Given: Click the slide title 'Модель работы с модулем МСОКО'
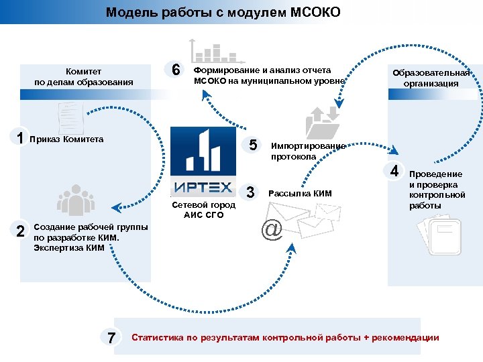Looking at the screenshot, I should coord(223,13).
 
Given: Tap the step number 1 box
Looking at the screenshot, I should coord(21,138).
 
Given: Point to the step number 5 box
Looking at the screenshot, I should coord(252,145).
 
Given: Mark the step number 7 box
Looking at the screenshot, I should coord(111,337).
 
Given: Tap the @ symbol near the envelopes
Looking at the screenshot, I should coord(272,230).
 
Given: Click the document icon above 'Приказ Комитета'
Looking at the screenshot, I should coord(70,118).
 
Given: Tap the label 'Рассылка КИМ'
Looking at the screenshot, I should coord(300,194).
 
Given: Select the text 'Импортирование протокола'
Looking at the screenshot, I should coord(308,151).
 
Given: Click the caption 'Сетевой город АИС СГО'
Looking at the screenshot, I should coord(203,210).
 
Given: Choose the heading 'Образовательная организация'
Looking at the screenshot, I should coord(431,78).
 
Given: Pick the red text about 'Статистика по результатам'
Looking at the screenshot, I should coord(285,337).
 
